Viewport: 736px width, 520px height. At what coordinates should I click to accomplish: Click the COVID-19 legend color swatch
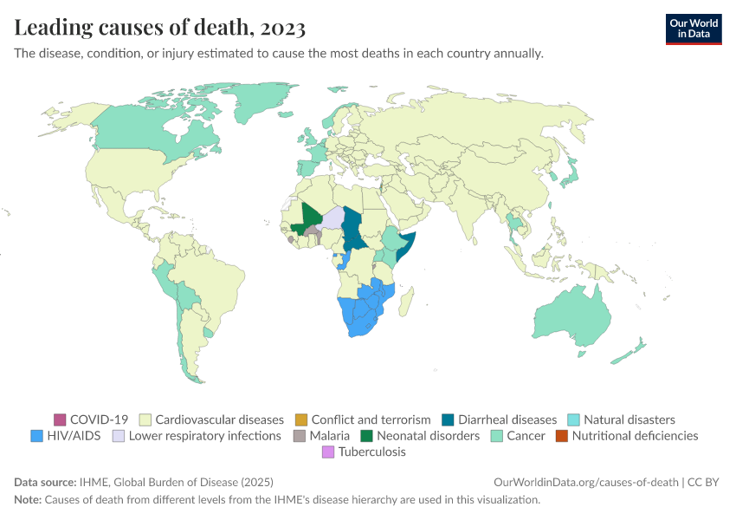coord(60,419)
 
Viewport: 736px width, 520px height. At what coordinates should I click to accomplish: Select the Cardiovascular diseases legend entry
coord(219,419)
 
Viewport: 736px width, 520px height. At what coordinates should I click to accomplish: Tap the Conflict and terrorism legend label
coord(371,419)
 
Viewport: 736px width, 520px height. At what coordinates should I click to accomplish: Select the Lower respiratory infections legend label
coord(204,436)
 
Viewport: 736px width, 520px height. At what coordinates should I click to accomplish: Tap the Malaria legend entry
coord(328,436)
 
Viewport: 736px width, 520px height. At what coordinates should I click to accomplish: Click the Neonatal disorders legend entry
coord(428,436)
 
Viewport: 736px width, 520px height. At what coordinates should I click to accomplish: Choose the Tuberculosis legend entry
coord(371,452)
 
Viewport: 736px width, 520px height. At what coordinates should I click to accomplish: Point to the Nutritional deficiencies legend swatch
coord(561,436)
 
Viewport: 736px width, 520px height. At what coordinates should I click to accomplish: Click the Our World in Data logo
coord(694,29)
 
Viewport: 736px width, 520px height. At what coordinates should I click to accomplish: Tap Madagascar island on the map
coord(405,300)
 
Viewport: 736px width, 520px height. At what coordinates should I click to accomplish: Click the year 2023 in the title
coord(281,29)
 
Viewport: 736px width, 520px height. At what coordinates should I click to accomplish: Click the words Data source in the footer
coord(45,482)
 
